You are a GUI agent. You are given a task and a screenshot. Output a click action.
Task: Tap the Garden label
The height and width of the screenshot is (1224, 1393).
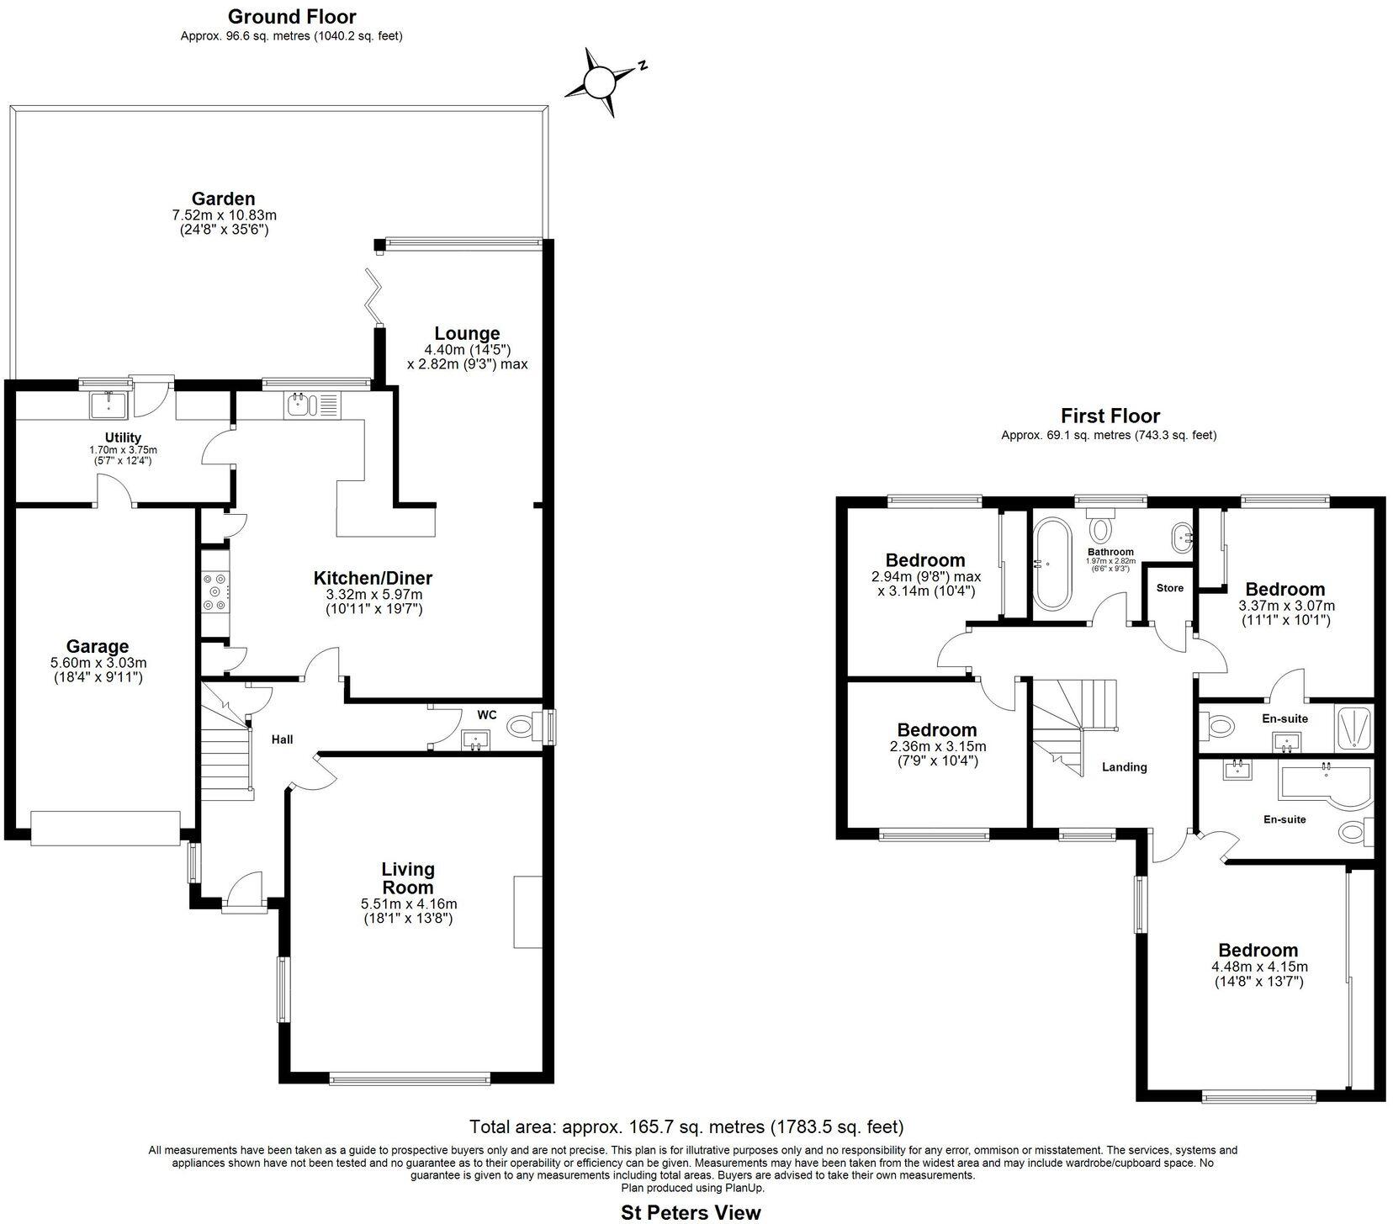(223, 199)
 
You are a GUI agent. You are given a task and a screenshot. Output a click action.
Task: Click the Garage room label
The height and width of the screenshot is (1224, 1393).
(98, 646)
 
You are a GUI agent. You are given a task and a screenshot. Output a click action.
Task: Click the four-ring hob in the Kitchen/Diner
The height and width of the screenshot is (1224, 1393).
(213, 592)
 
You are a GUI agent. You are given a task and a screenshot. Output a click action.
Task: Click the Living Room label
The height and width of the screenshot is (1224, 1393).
(408, 877)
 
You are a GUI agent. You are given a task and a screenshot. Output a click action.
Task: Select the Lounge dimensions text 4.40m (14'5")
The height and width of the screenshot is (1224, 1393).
(467, 349)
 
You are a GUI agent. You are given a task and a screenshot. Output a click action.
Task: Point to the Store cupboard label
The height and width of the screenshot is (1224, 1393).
(1169, 587)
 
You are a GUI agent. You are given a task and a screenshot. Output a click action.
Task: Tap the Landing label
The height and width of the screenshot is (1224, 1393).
(1125, 766)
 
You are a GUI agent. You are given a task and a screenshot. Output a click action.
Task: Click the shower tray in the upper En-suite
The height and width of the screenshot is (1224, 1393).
(1353, 728)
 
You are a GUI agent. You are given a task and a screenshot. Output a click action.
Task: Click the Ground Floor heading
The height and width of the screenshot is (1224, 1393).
(292, 16)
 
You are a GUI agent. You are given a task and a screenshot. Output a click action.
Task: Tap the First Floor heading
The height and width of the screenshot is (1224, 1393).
(1110, 416)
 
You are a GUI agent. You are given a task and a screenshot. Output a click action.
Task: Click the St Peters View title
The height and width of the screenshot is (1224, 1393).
(691, 1212)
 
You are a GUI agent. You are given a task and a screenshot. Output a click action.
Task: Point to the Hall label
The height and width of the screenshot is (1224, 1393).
(282, 739)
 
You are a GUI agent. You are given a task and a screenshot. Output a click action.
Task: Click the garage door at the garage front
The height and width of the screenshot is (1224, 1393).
(105, 828)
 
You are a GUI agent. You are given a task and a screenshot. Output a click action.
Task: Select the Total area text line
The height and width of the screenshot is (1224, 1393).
(686, 1126)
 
